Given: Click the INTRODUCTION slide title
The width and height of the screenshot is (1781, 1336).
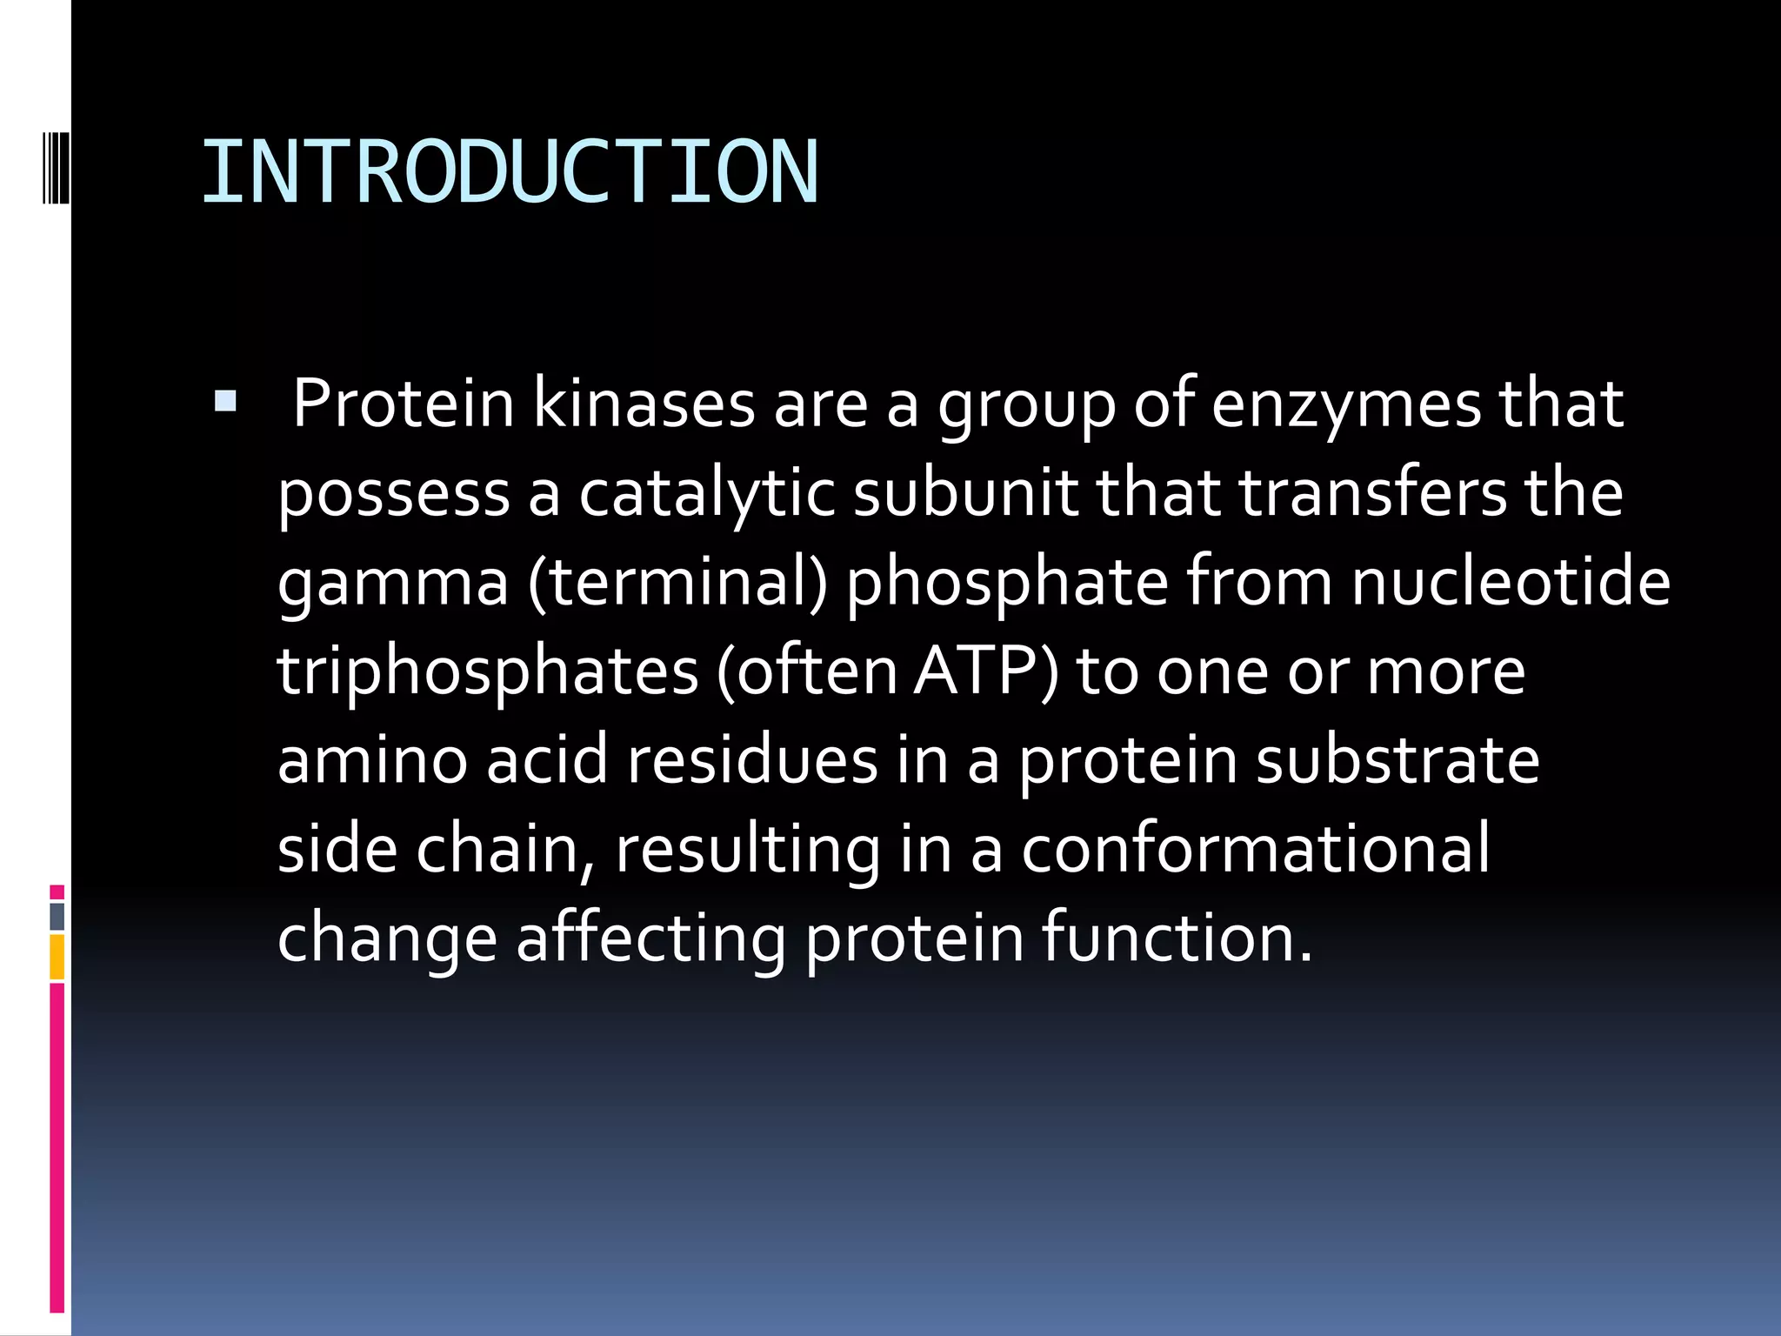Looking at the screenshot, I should (x=510, y=172).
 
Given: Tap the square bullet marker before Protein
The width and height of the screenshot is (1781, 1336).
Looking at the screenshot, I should (x=225, y=401).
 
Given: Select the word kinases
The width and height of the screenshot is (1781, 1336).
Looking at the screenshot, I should (x=644, y=404).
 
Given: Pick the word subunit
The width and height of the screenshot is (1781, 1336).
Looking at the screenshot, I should (x=965, y=492).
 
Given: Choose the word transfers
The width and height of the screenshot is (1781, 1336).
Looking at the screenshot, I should (x=1372, y=492).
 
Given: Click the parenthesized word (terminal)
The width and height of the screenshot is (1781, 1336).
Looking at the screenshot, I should (x=677, y=582).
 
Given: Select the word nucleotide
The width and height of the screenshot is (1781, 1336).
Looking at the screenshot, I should (x=1511, y=582).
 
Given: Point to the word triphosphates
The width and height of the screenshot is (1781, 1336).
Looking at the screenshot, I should (x=488, y=673).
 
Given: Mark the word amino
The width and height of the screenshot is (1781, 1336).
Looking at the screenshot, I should (x=372, y=759).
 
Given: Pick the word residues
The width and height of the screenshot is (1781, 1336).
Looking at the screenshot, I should (x=752, y=759).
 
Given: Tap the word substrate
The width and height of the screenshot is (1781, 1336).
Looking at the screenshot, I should (x=1397, y=759).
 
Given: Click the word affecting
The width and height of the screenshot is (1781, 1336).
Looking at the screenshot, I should (x=650, y=939).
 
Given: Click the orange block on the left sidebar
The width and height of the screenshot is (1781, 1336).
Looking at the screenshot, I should (x=57, y=957).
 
